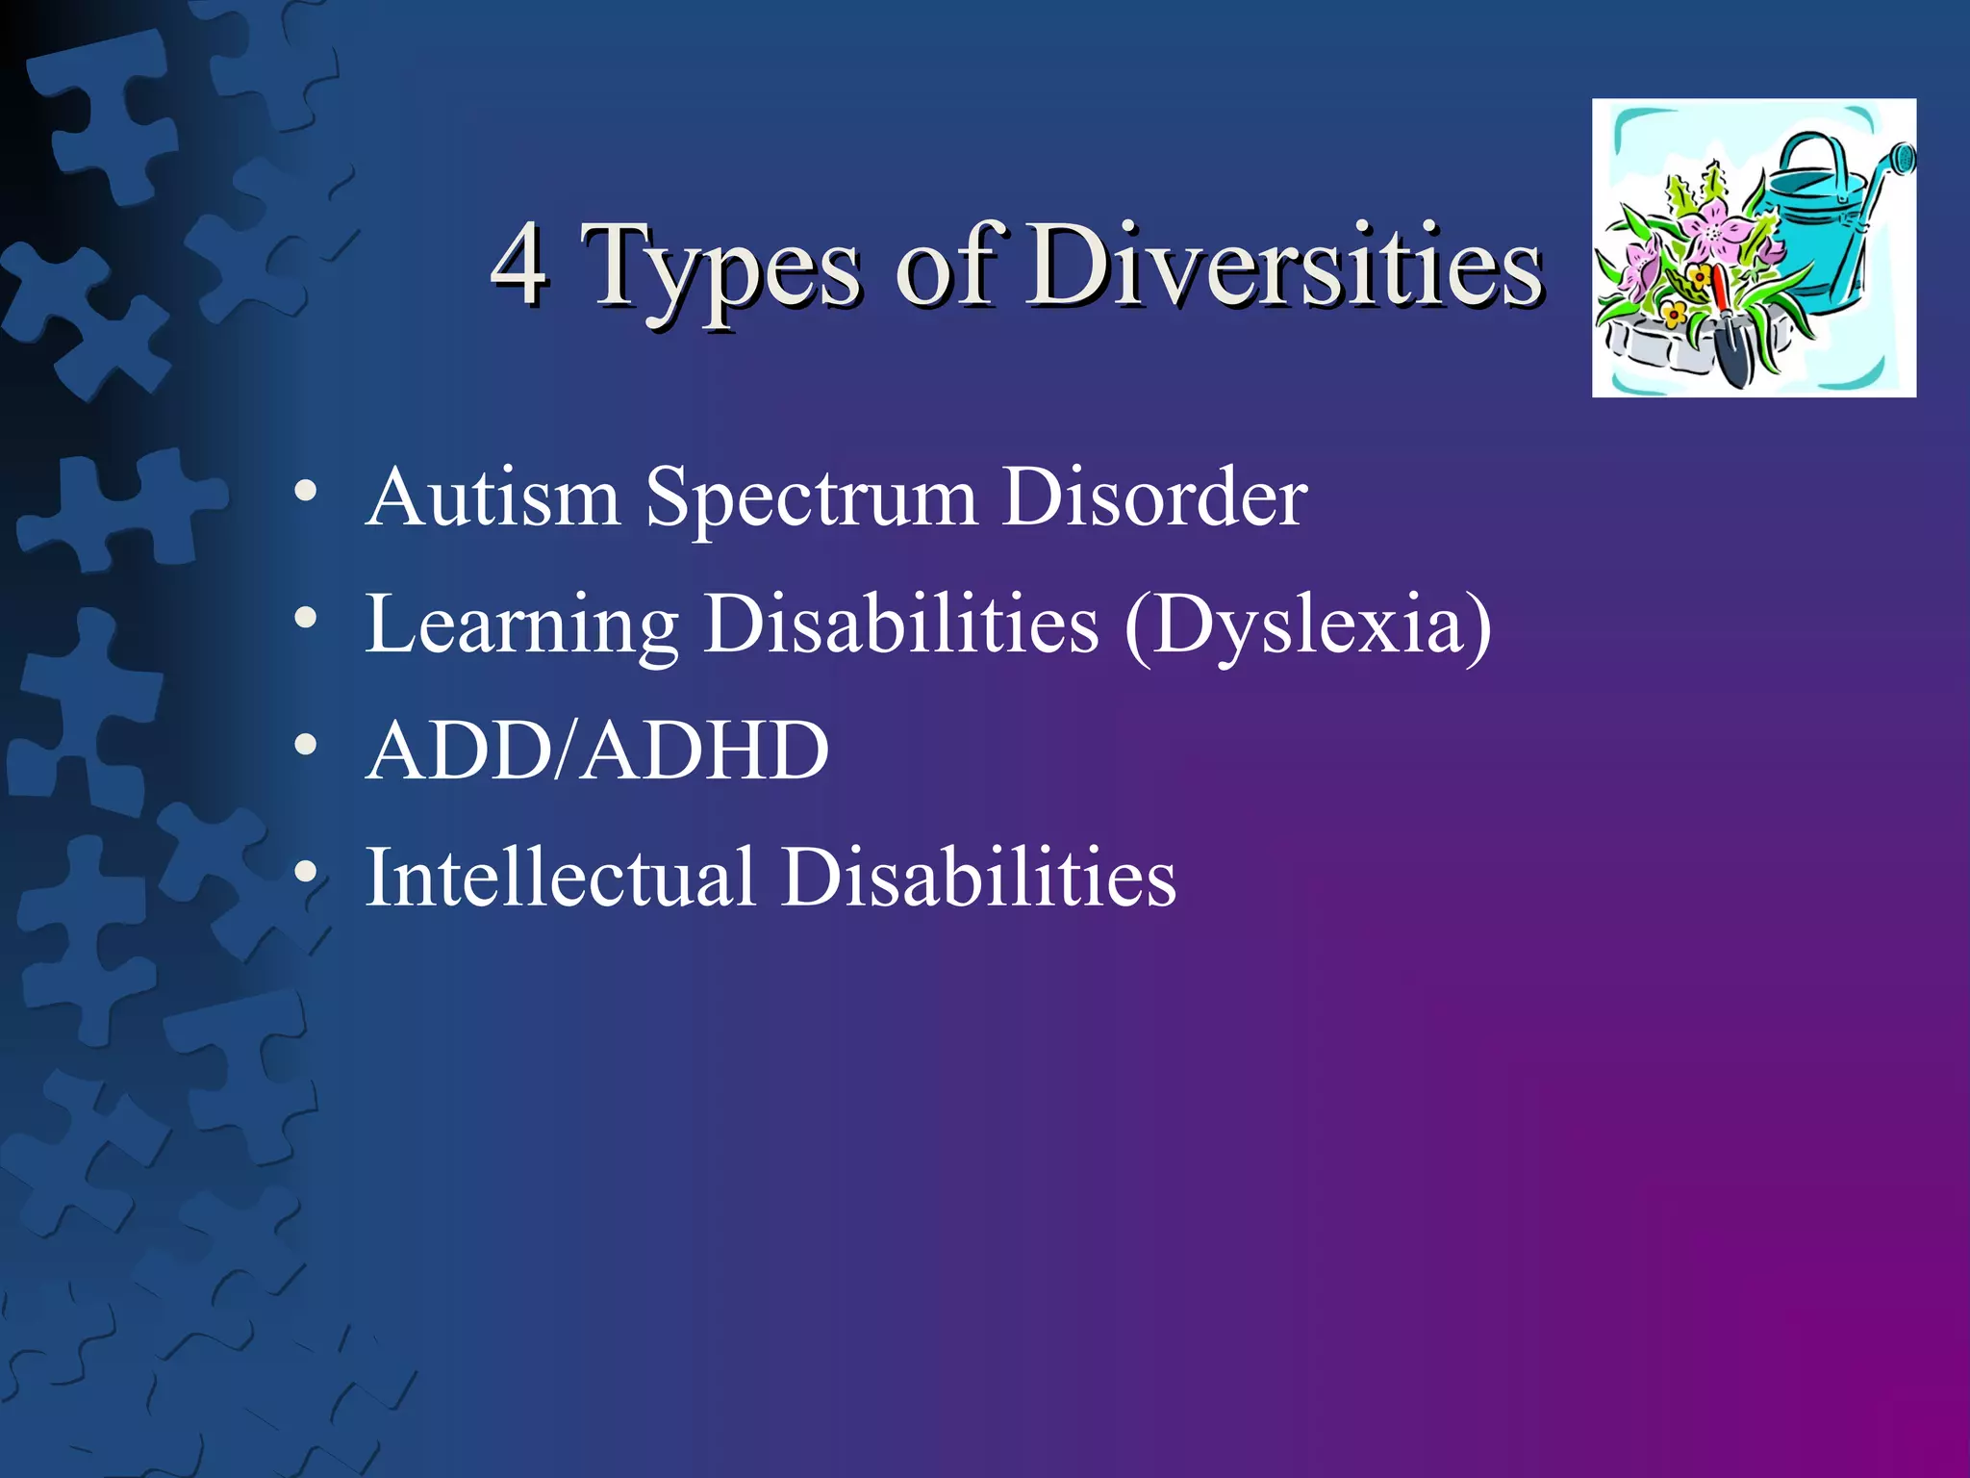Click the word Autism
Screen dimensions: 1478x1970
pos(492,497)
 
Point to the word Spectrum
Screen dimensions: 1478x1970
pos(811,500)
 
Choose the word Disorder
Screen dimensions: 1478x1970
pos(1153,497)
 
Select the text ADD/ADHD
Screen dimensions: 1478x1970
pos(597,751)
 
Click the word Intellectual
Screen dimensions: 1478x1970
pos(560,877)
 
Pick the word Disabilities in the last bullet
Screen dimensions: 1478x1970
pos(978,877)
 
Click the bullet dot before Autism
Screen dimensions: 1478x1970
pos(306,492)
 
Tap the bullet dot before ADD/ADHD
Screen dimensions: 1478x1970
pos(306,744)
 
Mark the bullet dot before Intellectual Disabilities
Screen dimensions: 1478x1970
pos(306,871)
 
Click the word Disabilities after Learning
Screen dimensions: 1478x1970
pos(901,624)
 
